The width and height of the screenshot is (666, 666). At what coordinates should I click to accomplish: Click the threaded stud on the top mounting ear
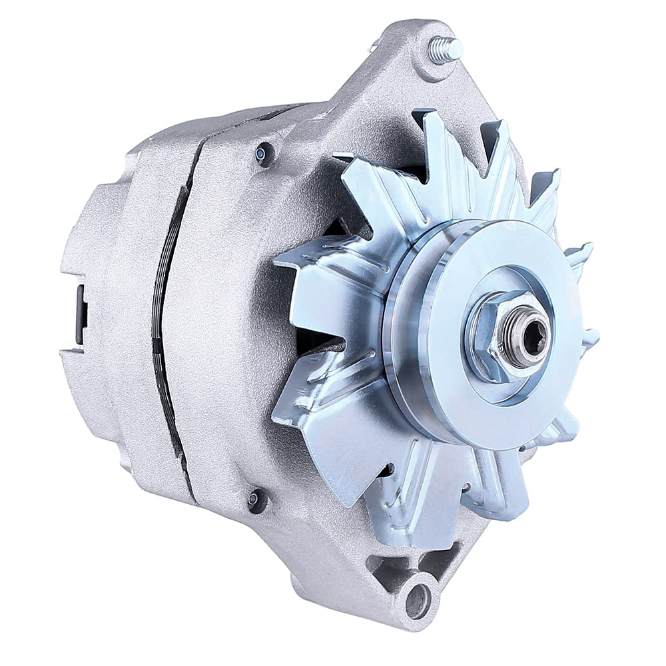click(445, 51)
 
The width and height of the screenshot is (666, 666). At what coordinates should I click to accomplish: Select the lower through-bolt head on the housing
click(252, 499)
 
